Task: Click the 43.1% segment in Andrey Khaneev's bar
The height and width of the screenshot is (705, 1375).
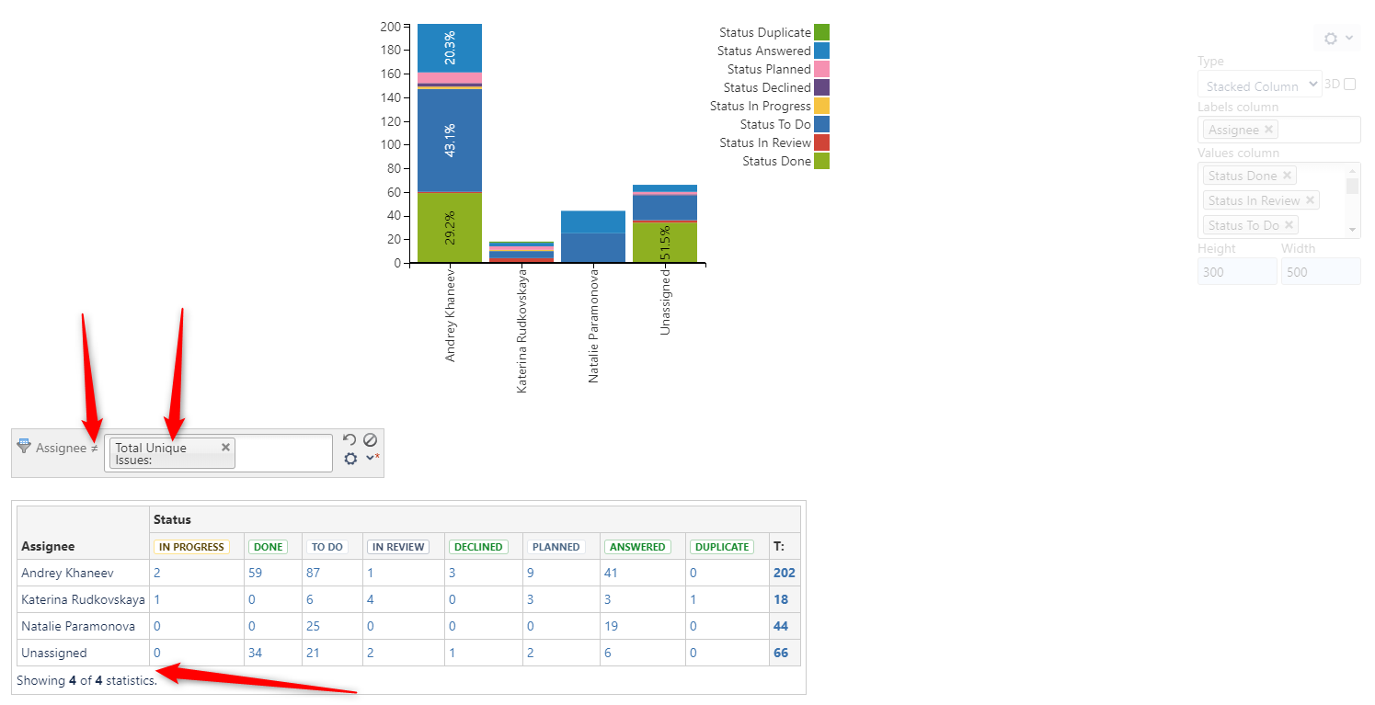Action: tap(450, 141)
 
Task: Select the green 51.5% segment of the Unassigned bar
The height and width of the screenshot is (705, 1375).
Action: tap(664, 243)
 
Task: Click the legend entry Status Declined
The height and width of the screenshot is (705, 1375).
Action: tap(766, 88)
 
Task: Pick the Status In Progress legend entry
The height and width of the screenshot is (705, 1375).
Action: tap(760, 107)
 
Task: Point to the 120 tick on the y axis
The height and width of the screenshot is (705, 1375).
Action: tap(391, 121)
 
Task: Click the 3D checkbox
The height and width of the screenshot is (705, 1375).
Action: tap(1349, 85)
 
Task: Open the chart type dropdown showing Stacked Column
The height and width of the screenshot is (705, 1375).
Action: tap(1258, 85)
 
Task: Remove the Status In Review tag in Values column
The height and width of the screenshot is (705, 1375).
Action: tap(1310, 199)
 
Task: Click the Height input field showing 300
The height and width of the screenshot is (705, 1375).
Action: tap(1236, 272)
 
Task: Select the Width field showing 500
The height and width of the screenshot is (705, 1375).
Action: tap(1320, 272)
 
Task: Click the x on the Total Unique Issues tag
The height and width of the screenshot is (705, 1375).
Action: tap(225, 447)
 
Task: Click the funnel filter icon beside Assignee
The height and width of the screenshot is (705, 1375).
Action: tap(24, 446)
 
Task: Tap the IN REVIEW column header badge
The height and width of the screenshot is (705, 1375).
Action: tap(398, 547)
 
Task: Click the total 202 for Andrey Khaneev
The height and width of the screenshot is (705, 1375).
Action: tap(784, 573)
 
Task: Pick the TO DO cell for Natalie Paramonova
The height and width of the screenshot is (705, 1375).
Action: tap(314, 626)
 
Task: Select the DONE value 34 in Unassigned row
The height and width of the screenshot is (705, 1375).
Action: tap(256, 653)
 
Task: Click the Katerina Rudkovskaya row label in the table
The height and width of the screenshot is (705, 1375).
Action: tap(83, 599)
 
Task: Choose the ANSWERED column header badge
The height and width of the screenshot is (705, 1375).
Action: tap(636, 547)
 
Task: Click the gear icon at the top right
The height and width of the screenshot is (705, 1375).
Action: tap(1331, 39)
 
